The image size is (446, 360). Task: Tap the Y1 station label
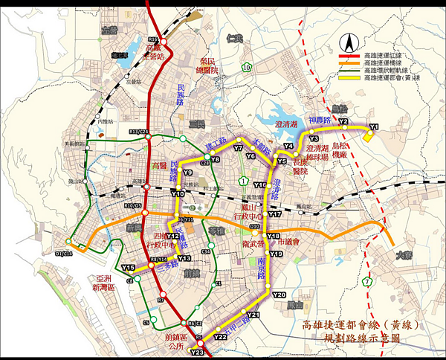[373, 126]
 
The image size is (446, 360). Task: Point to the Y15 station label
[128, 268]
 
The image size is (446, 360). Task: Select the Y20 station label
[279, 295]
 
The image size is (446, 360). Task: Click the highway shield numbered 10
[245, 68]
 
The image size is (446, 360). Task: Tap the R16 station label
[154, 39]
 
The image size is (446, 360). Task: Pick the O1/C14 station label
[64, 254]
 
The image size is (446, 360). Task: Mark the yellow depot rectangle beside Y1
[369, 134]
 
